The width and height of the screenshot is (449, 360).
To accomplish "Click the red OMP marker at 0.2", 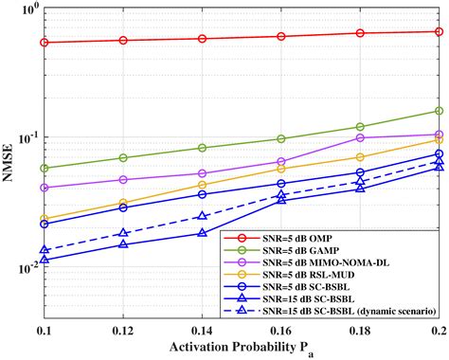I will tap(439, 31).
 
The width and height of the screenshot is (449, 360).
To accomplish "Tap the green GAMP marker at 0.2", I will tap(439, 111).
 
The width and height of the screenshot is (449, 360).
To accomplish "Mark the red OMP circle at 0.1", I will tap(45, 43).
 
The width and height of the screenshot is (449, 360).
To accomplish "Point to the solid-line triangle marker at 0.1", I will tap(45, 260).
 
